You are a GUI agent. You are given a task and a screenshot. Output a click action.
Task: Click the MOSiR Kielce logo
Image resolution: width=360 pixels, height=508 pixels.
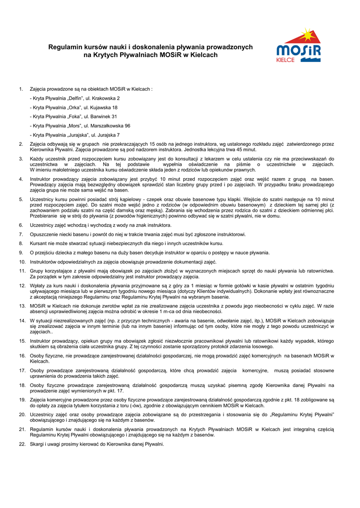[298, 46]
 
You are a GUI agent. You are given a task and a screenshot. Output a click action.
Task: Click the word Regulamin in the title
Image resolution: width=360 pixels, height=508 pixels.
[64, 47]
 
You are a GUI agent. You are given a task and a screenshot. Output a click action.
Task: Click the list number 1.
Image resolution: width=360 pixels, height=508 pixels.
[21, 89]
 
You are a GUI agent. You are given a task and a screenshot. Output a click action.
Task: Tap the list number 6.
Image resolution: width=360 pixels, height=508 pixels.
[21, 225]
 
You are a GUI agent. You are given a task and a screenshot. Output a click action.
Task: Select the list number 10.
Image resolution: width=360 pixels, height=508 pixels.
[22, 261]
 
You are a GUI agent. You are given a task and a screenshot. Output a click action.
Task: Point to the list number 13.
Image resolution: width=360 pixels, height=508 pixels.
[22, 306]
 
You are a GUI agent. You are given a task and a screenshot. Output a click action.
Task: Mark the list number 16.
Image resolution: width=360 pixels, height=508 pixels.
[22, 356]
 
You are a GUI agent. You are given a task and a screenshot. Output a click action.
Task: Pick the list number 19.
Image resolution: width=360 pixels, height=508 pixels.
[22, 399]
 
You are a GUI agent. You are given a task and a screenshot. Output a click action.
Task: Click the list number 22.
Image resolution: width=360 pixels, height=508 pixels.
[22, 444]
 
